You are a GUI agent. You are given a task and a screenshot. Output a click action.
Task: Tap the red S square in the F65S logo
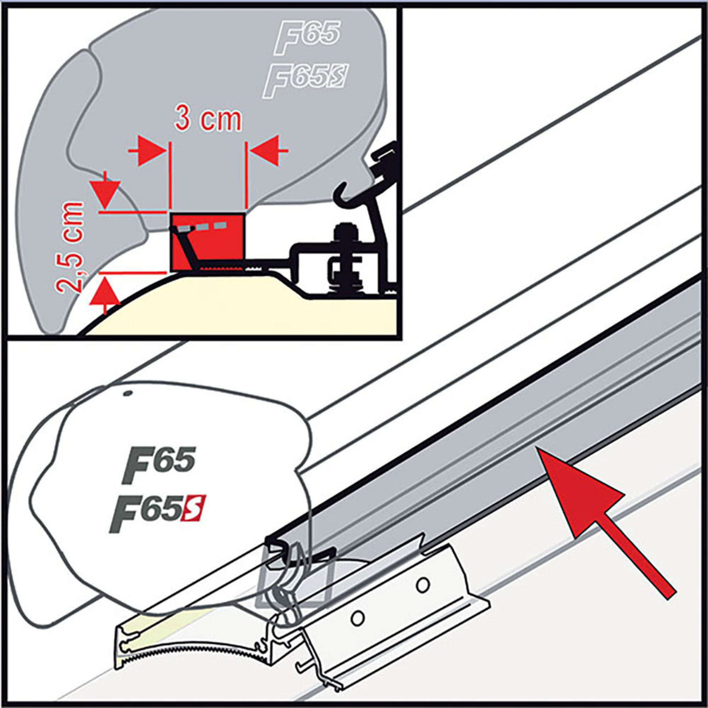193,508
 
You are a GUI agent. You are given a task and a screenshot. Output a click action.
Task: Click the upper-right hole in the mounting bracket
423,584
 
